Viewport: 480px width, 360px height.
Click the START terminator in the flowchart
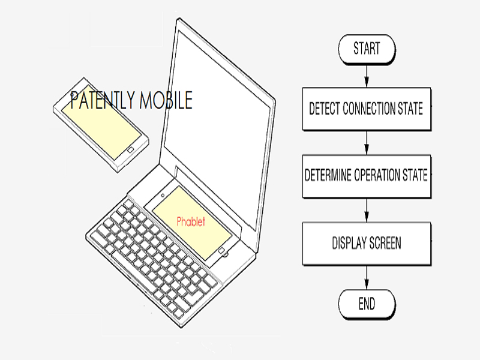coord(367,49)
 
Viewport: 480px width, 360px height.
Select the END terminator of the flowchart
coord(367,304)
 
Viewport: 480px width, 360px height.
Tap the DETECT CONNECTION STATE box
coord(367,109)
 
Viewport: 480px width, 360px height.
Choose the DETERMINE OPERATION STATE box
coord(367,176)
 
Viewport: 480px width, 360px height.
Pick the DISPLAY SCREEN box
coord(367,244)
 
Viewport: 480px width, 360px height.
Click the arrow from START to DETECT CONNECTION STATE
coord(367,76)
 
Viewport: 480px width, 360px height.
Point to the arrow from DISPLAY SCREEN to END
coord(367,277)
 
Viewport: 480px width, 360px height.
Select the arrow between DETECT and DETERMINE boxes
coord(367,143)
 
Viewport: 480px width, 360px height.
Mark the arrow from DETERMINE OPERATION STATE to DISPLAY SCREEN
coord(367,210)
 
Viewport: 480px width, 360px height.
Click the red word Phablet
coord(191,221)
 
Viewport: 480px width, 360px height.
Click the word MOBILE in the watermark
coord(166,100)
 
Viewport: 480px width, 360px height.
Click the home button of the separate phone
coord(130,149)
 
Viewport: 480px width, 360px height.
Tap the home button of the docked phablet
coord(221,251)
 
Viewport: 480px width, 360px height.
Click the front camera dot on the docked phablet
coord(163,195)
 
